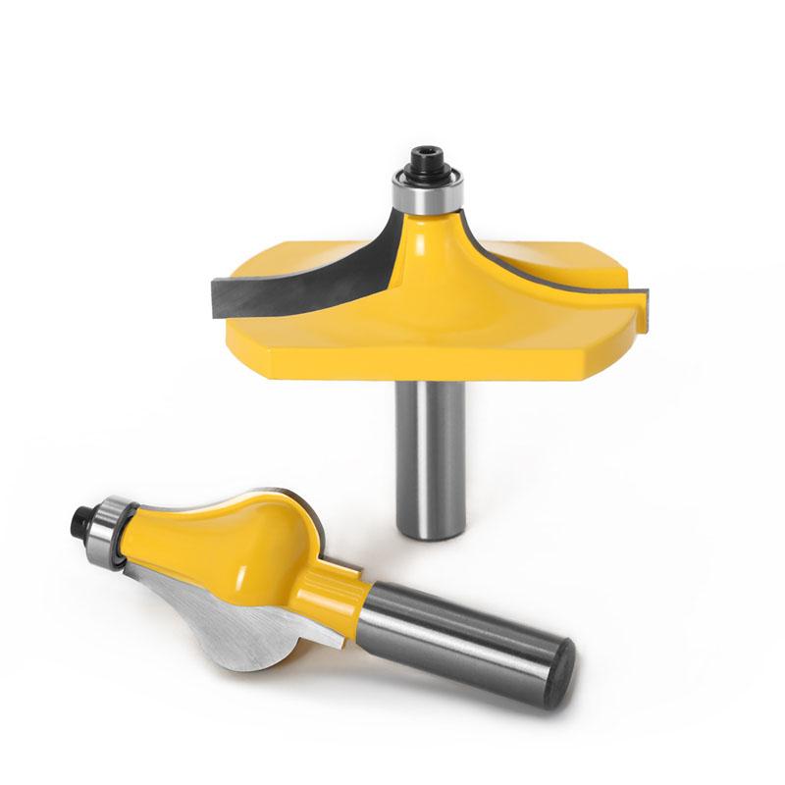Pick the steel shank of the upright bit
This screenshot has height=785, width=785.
[429, 451]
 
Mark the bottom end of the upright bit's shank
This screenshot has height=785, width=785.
[430, 531]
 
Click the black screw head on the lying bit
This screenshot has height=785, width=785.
[82, 517]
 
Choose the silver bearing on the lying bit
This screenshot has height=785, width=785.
[109, 536]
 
